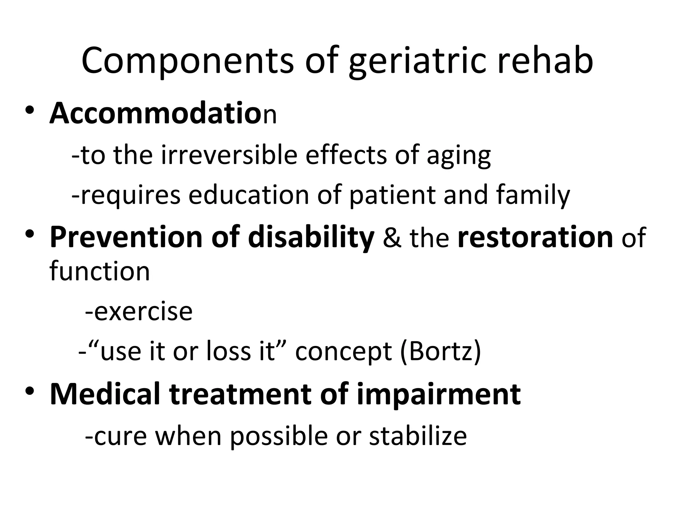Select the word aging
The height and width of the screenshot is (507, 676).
pyautogui.click(x=458, y=156)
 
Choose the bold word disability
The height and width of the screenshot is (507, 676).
pyautogui.click(x=311, y=238)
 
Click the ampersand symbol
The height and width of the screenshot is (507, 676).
pyautogui.click(x=392, y=238)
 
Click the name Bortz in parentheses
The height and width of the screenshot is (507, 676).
pyautogui.click(x=440, y=351)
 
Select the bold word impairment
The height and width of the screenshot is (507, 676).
pyautogui.click(x=439, y=395)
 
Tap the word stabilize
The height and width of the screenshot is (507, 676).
pyautogui.click(x=418, y=436)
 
